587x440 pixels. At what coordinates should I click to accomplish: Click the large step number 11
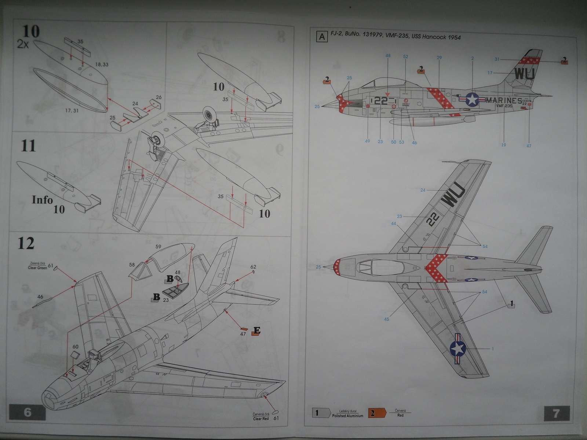(29, 146)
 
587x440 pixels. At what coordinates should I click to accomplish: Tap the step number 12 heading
(26, 243)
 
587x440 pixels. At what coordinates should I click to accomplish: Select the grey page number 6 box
(28, 412)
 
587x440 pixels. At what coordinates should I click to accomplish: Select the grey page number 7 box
(556, 414)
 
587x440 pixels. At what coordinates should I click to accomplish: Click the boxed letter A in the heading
(322, 37)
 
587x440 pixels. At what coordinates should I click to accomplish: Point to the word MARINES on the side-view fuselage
(503, 100)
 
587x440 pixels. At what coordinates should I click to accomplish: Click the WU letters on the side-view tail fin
(524, 74)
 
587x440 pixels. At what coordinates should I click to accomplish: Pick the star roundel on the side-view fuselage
(473, 99)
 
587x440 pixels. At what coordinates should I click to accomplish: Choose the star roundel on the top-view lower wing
(458, 349)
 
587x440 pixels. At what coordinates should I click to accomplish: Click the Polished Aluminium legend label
(347, 416)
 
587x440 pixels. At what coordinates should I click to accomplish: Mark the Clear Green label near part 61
(37, 268)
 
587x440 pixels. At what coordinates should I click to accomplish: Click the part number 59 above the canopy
(158, 247)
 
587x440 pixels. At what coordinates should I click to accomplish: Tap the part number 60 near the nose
(75, 346)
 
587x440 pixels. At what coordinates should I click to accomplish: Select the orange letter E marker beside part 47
(257, 331)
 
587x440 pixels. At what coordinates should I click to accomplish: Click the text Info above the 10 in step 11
(42, 200)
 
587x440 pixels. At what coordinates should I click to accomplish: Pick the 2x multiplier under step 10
(24, 45)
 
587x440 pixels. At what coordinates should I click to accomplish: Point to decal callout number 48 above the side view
(388, 56)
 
